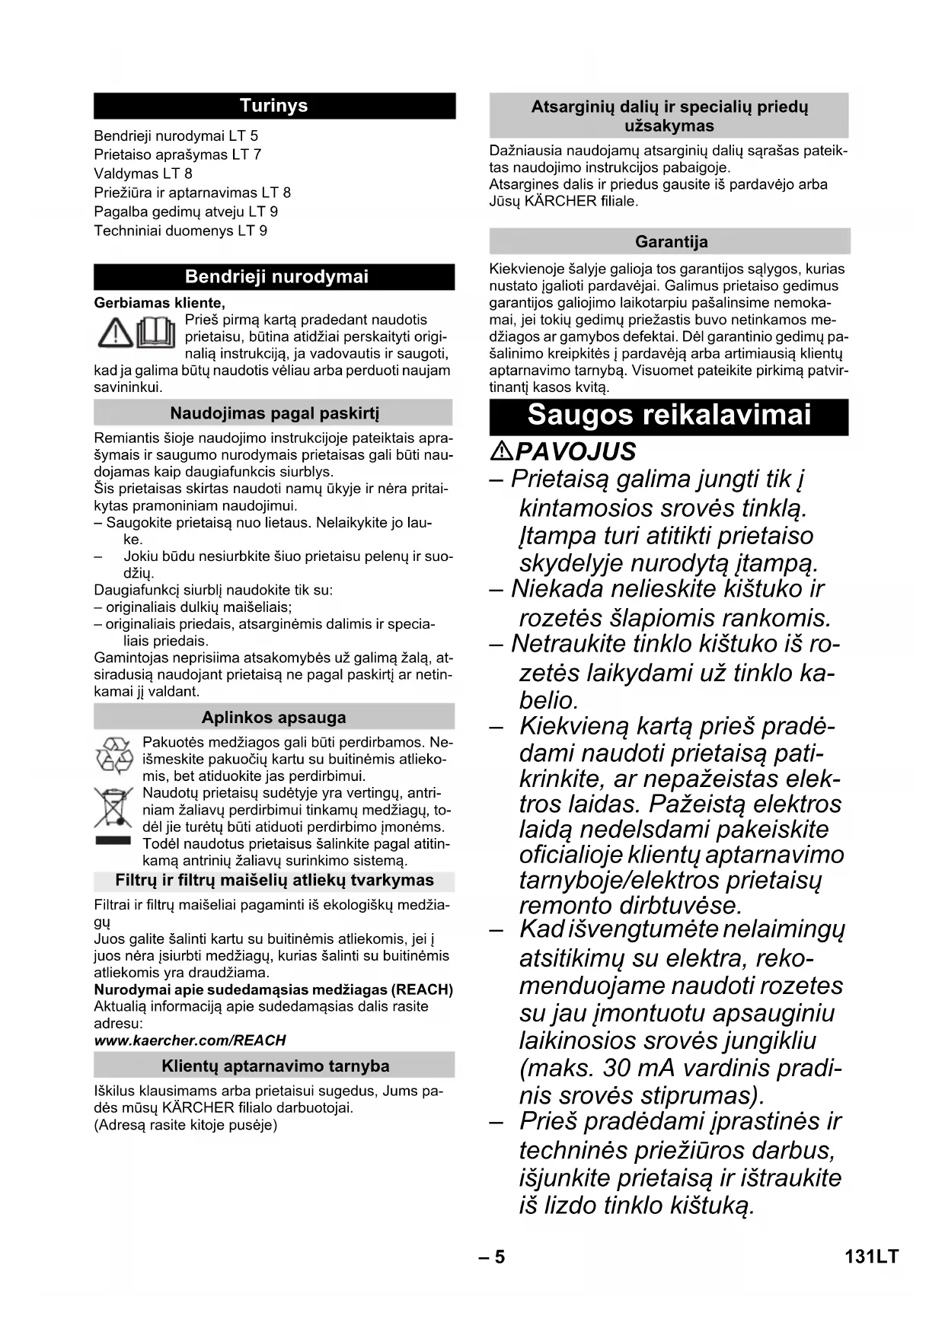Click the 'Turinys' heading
pos(274,106)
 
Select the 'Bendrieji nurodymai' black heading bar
pos(274,276)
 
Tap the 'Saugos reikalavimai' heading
pos(669,416)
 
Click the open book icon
pos(156,333)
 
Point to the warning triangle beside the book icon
pos(115,333)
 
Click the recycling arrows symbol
pos(114,755)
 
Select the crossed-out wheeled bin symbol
pos(113,809)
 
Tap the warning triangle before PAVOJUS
pos(501,451)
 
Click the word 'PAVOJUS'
pos(576,451)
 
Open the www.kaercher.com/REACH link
pos(190,1040)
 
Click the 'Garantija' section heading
pos(671,242)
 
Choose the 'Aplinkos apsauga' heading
pos(273,717)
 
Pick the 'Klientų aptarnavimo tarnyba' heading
pos(275,1066)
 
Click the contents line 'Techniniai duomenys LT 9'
pos(180,231)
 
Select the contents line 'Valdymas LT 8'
pos(143,174)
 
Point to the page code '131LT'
pos(871,1257)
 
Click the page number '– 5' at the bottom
pos(492,1257)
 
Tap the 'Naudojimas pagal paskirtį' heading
pos(274,413)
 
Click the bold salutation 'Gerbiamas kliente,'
pos(159,303)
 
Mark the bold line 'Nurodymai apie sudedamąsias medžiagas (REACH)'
pos(273,989)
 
